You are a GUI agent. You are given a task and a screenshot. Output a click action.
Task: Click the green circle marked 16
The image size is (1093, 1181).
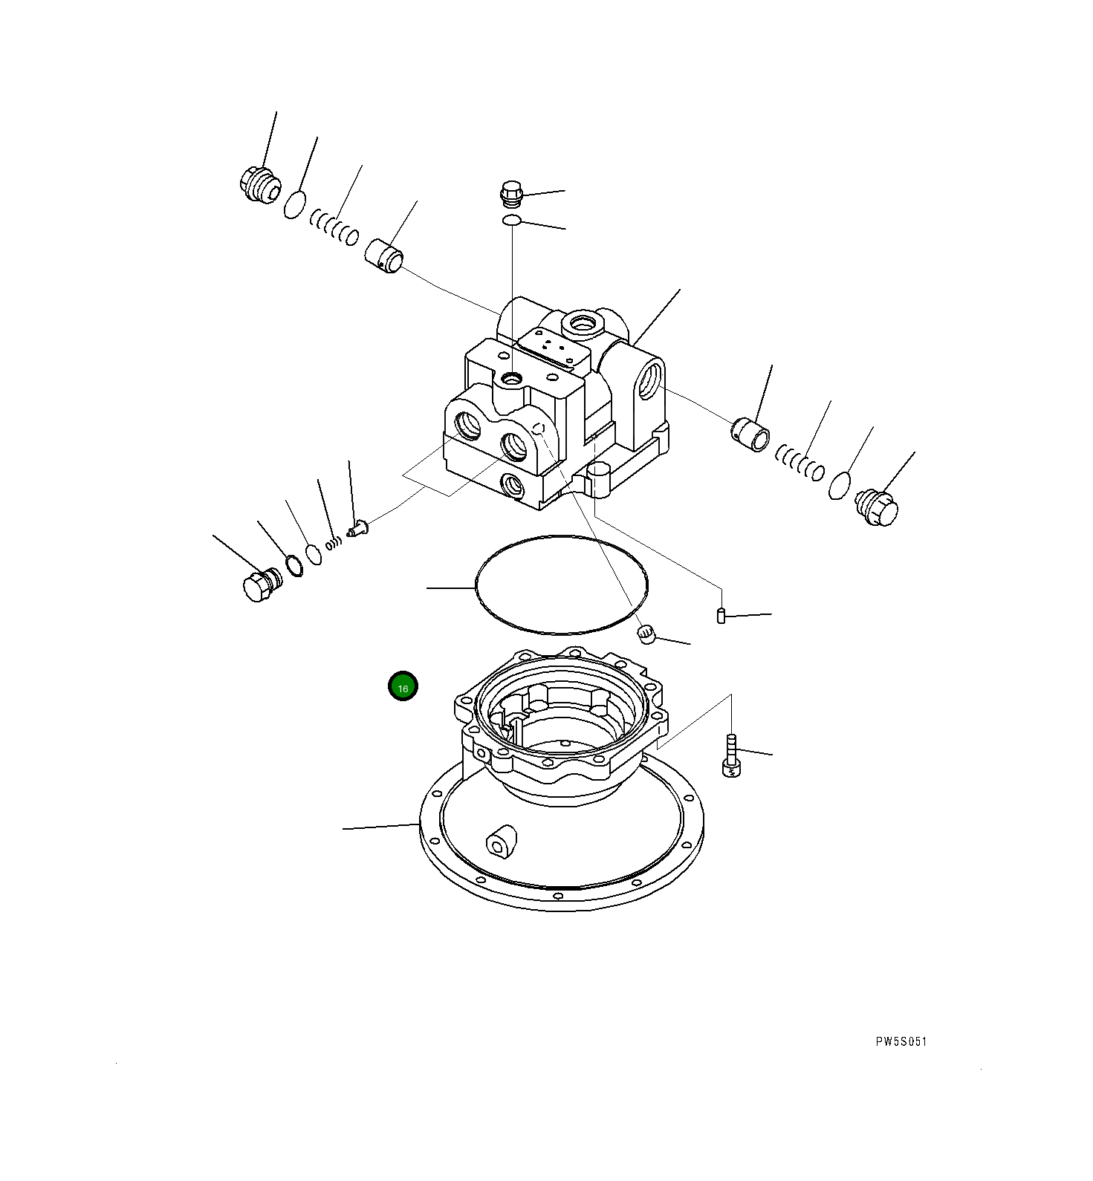[x=403, y=687]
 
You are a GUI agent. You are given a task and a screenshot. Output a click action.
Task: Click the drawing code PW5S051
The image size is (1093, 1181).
[x=901, y=1041]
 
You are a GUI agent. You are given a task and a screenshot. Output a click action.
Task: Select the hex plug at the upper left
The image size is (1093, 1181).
[x=259, y=184]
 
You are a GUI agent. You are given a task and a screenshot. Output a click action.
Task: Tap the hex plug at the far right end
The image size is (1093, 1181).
[x=878, y=508]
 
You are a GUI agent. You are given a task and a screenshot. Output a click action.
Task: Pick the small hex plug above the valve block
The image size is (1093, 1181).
[x=511, y=193]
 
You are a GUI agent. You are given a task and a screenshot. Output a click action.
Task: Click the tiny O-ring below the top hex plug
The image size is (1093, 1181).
[x=511, y=220]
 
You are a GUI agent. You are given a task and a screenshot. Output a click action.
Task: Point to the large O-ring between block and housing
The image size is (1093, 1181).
[x=561, y=585]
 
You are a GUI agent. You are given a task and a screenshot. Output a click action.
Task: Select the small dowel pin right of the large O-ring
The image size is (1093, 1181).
[x=721, y=615]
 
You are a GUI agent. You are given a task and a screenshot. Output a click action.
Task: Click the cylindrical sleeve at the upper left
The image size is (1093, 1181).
[x=384, y=256]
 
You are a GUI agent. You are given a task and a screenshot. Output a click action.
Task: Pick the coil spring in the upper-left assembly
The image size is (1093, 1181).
[x=334, y=227]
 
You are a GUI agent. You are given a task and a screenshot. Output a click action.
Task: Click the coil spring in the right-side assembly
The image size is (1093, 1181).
[x=800, y=463]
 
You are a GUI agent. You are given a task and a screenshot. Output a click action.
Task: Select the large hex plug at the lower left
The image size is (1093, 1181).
[x=259, y=585]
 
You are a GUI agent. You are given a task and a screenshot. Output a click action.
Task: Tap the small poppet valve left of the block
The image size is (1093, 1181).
[x=357, y=530]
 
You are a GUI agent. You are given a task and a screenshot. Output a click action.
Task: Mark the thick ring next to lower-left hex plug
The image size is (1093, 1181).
[x=293, y=565]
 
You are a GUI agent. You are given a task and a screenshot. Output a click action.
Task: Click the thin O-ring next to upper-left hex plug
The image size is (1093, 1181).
[x=294, y=204]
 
